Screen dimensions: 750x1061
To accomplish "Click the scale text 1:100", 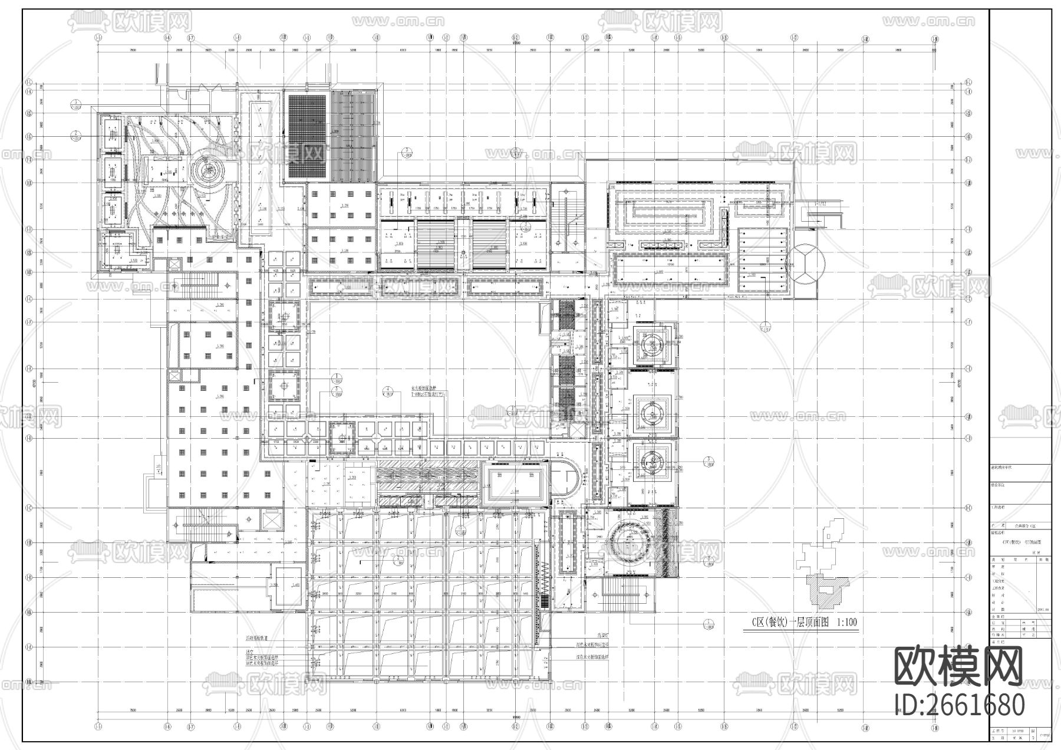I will [x=846, y=622].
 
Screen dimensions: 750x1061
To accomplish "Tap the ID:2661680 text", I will [x=960, y=705].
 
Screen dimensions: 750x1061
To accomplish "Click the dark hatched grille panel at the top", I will [x=307, y=137].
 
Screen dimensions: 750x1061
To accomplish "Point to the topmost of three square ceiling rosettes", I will [x=649, y=345].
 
